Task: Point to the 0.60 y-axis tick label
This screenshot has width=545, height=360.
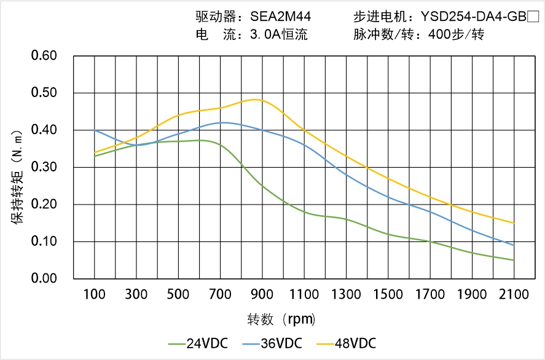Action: [44, 56]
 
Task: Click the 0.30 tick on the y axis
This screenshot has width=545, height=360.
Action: [44, 167]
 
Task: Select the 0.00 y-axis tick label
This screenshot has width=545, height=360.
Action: [44, 278]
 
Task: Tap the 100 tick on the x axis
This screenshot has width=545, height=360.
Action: [95, 294]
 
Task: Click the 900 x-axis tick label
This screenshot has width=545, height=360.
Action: [262, 294]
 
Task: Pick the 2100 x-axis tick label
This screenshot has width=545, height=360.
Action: [514, 294]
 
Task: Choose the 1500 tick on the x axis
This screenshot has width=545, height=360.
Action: [388, 294]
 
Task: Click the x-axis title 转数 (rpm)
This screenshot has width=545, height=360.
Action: [281, 319]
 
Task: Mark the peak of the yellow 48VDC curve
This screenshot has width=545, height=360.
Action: [257, 100]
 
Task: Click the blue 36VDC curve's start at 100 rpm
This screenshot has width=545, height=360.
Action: [95, 130]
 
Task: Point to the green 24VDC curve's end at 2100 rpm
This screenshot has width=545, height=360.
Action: [514, 260]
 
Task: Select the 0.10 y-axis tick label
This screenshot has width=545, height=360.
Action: [44, 241]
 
